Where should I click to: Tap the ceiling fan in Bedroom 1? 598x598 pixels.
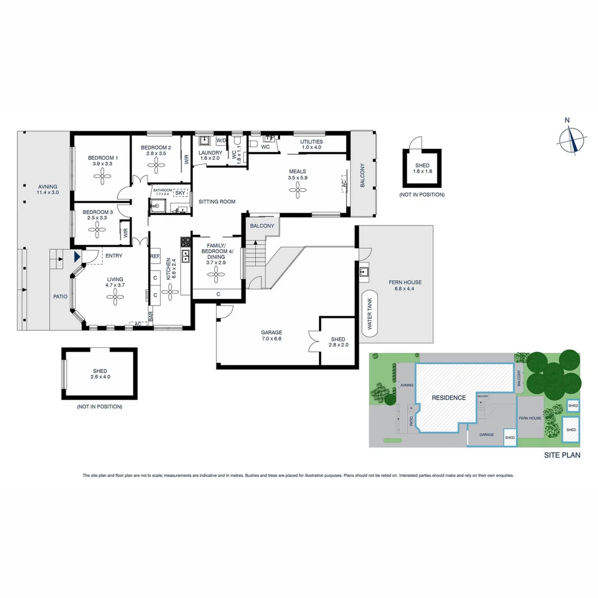coord(102,177)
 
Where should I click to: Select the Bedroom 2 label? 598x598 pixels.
coord(156,150)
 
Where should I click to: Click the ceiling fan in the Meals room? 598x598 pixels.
coord(297,191)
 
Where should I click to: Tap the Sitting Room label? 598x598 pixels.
coord(217,202)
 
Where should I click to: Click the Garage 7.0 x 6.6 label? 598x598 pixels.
coord(271,336)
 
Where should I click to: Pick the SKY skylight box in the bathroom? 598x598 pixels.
coord(180,193)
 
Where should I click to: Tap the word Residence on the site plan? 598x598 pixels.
coord(448,398)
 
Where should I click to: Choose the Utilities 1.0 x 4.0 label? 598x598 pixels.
coord(311,145)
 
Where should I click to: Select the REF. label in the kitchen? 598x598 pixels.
coord(154,256)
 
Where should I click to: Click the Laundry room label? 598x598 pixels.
coord(210,156)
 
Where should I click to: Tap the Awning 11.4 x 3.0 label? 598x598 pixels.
coord(48,189)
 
